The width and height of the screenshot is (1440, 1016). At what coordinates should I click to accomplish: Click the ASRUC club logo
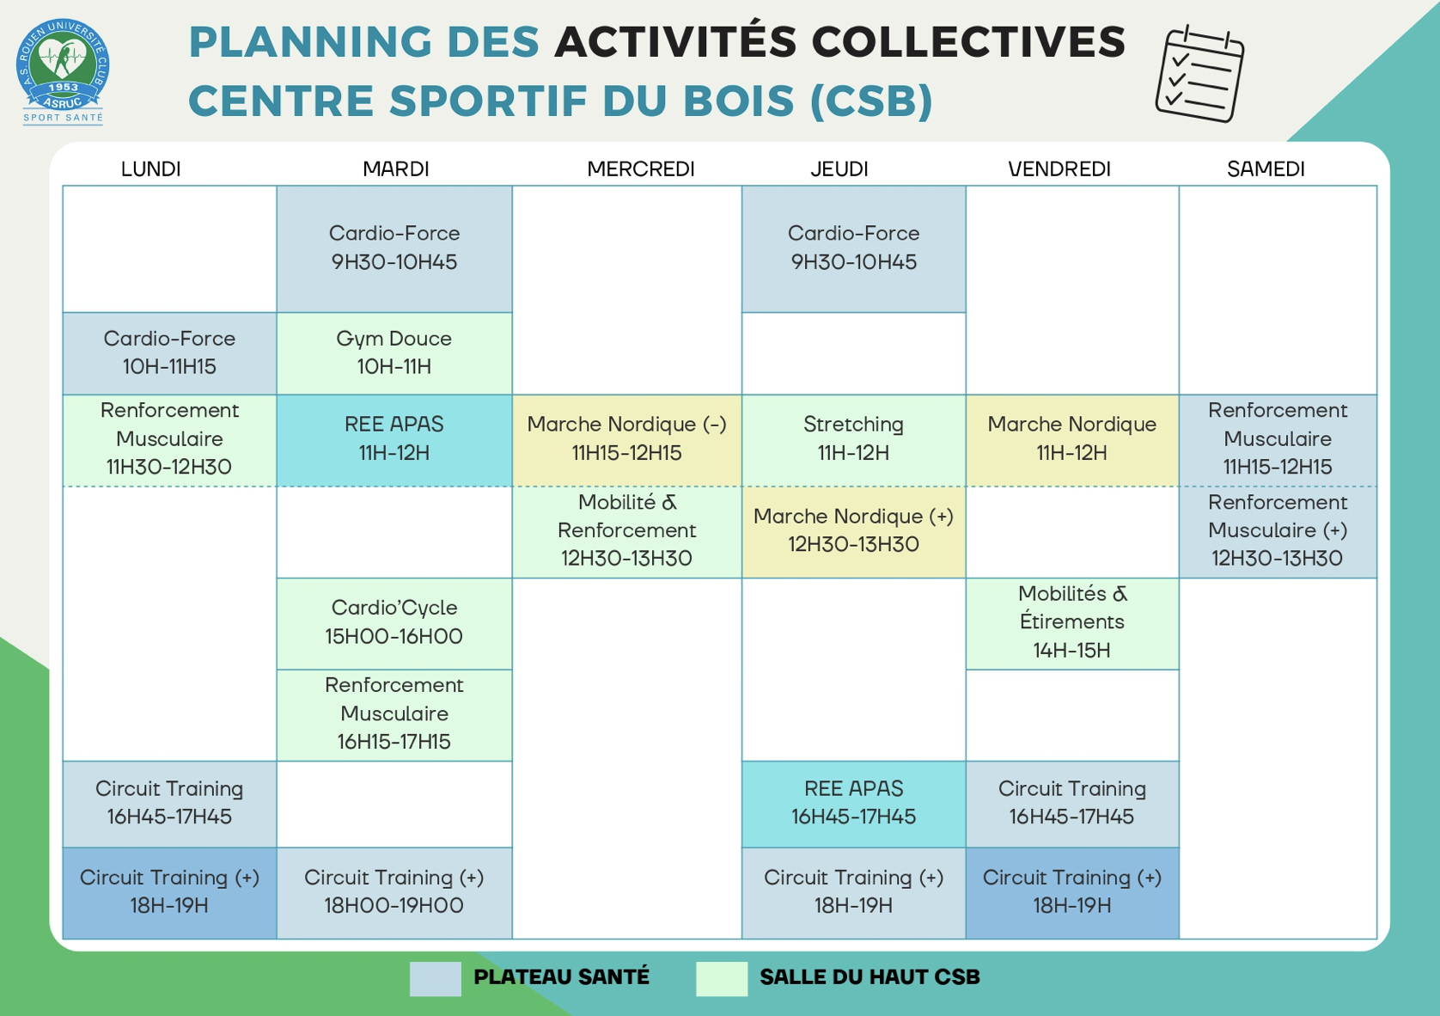[63, 70]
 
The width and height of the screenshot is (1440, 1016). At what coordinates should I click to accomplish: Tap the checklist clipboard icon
[1199, 74]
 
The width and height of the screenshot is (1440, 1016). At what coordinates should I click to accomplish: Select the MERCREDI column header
[640, 168]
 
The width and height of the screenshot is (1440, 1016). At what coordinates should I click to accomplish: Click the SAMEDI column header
[1265, 168]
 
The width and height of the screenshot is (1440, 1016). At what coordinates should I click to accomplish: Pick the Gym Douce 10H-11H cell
[394, 353]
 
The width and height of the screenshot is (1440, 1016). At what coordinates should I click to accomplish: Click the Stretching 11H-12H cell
[854, 440]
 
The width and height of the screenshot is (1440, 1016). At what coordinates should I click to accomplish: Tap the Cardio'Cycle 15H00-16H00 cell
[394, 623]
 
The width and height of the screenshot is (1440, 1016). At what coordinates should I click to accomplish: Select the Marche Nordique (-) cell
[627, 440]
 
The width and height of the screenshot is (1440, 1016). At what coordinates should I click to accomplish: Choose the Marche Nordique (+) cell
[854, 531]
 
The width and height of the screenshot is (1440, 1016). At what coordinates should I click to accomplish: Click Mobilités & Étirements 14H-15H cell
[1072, 623]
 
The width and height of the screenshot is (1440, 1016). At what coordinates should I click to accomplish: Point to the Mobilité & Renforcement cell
[627, 531]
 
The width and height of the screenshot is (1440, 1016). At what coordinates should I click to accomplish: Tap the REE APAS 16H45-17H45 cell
[854, 804]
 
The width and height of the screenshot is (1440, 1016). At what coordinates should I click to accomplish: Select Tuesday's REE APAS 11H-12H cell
[394, 440]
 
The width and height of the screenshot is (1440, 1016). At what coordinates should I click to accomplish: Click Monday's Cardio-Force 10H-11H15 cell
[170, 353]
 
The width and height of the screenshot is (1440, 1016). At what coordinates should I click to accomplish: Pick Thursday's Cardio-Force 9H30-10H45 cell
[854, 249]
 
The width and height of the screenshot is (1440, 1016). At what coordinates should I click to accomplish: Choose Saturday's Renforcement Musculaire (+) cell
[1278, 531]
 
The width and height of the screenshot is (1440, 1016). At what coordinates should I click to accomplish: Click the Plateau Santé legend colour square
[436, 979]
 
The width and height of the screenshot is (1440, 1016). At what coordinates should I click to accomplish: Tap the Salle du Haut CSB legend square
[721, 979]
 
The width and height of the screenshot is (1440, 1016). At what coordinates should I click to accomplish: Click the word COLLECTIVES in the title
[968, 42]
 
